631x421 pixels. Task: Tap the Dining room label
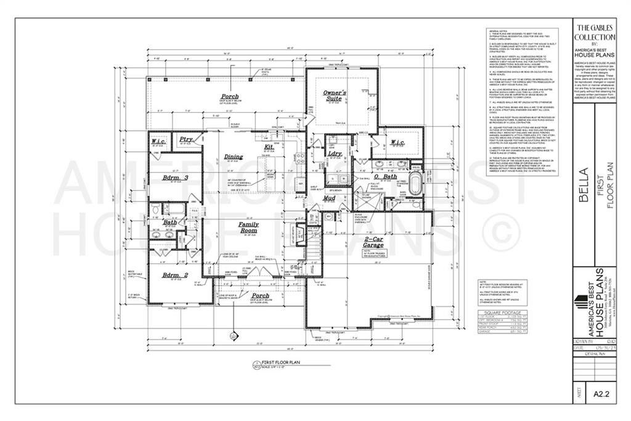[x=234, y=157]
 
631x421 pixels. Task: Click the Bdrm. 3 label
[x=175, y=178]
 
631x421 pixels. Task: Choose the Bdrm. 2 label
[x=175, y=274]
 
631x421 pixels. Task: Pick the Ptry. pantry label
[x=186, y=140]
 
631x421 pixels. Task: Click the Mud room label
[x=330, y=198]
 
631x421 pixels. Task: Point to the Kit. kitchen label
[x=269, y=147]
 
